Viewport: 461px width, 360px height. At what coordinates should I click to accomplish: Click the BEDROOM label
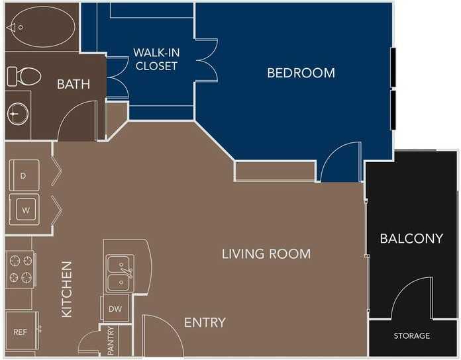click(x=301, y=73)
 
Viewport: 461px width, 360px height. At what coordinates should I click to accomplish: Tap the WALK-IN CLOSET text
click(x=155, y=59)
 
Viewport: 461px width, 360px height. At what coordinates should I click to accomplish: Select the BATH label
click(x=73, y=84)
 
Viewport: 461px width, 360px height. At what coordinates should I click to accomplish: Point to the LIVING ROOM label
click(x=266, y=253)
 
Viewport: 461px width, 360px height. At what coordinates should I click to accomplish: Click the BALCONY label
click(x=411, y=239)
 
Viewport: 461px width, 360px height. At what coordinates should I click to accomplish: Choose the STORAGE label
click(x=412, y=336)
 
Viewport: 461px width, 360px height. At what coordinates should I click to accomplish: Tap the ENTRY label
click(x=205, y=323)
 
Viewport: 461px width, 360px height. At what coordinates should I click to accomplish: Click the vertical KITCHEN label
click(x=67, y=289)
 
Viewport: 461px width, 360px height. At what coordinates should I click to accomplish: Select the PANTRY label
click(x=111, y=339)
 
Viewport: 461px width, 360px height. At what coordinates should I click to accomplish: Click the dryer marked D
click(x=24, y=176)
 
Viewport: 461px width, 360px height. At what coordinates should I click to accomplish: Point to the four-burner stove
click(x=20, y=269)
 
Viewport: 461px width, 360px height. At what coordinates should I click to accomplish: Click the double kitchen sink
click(x=120, y=273)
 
